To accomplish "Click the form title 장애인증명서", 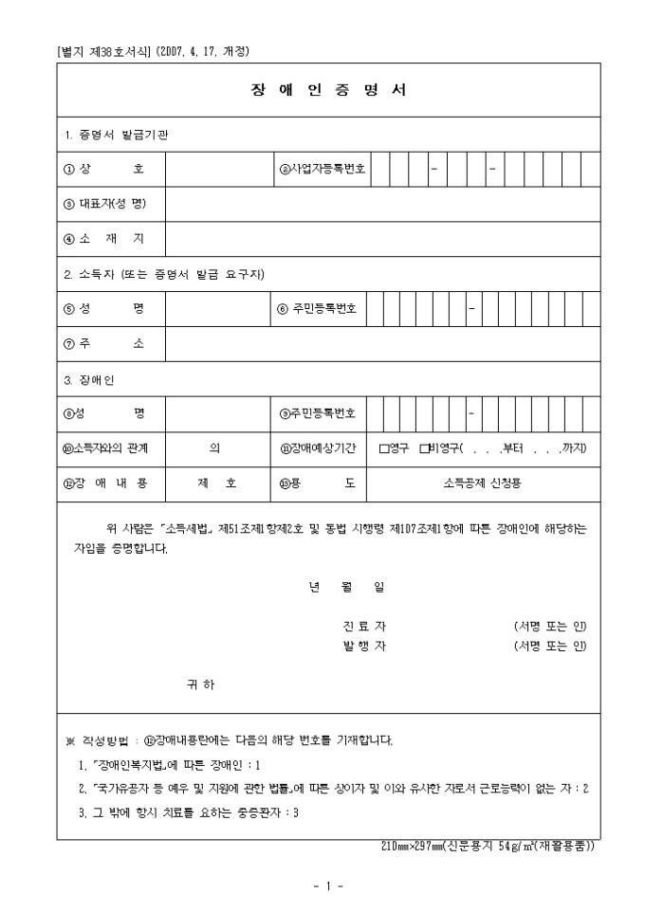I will click(328, 91).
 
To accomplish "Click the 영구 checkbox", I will click(384, 447).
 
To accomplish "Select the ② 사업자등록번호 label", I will click(322, 170).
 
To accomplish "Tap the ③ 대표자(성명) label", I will click(104, 204).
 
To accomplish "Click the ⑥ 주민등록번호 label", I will click(317, 309).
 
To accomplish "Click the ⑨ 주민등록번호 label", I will click(317, 412).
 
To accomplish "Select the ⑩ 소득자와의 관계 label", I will click(104, 447).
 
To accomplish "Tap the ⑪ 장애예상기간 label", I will click(317, 447).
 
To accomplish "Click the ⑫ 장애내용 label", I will click(104, 483).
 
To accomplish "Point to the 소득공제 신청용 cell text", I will click(482, 483).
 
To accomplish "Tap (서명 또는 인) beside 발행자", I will click(550, 647).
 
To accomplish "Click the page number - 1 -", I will click(327, 886).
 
